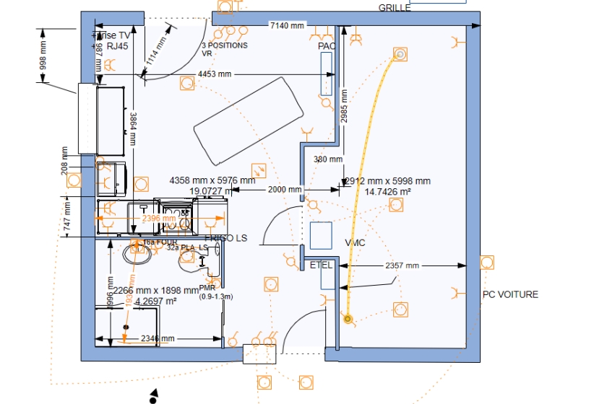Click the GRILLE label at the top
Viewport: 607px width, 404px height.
pyautogui.click(x=395, y=8)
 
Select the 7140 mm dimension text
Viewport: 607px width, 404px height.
pyautogui.click(x=288, y=25)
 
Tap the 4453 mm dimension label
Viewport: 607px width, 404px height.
pyautogui.click(x=215, y=74)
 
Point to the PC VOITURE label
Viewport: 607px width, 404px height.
pyautogui.click(x=510, y=294)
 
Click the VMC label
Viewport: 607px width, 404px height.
pyautogui.click(x=355, y=242)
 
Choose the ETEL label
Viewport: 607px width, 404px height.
pyautogui.click(x=321, y=265)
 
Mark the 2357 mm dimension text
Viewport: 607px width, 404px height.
pyautogui.click(x=402, y=265)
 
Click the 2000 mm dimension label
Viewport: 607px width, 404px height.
pyautogui.click(x=285, y=190)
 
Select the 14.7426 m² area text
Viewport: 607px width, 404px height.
pyautogui.click(x=387, y=192)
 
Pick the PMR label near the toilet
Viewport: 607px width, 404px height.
pyautogui.click(x=207, y=287)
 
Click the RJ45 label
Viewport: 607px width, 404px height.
pyautogui.click(x=117, y=45)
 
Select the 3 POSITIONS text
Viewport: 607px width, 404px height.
pyautogui.click(x=224, y=45)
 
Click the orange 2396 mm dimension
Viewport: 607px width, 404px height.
pyautogui.click(x=159, y=218)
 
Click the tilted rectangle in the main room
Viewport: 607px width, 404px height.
pyautogui.click(x=247, y=120)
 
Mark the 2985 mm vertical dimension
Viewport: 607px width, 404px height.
pyautogui.click(x=345, y=106)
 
